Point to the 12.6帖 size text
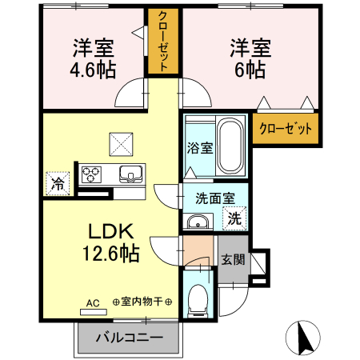[112, 254]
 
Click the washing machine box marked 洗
[235, 217]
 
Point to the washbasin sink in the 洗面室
[197, 222]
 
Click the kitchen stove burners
[90, 173]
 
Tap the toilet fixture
[197, 300]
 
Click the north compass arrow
[304, 338]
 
